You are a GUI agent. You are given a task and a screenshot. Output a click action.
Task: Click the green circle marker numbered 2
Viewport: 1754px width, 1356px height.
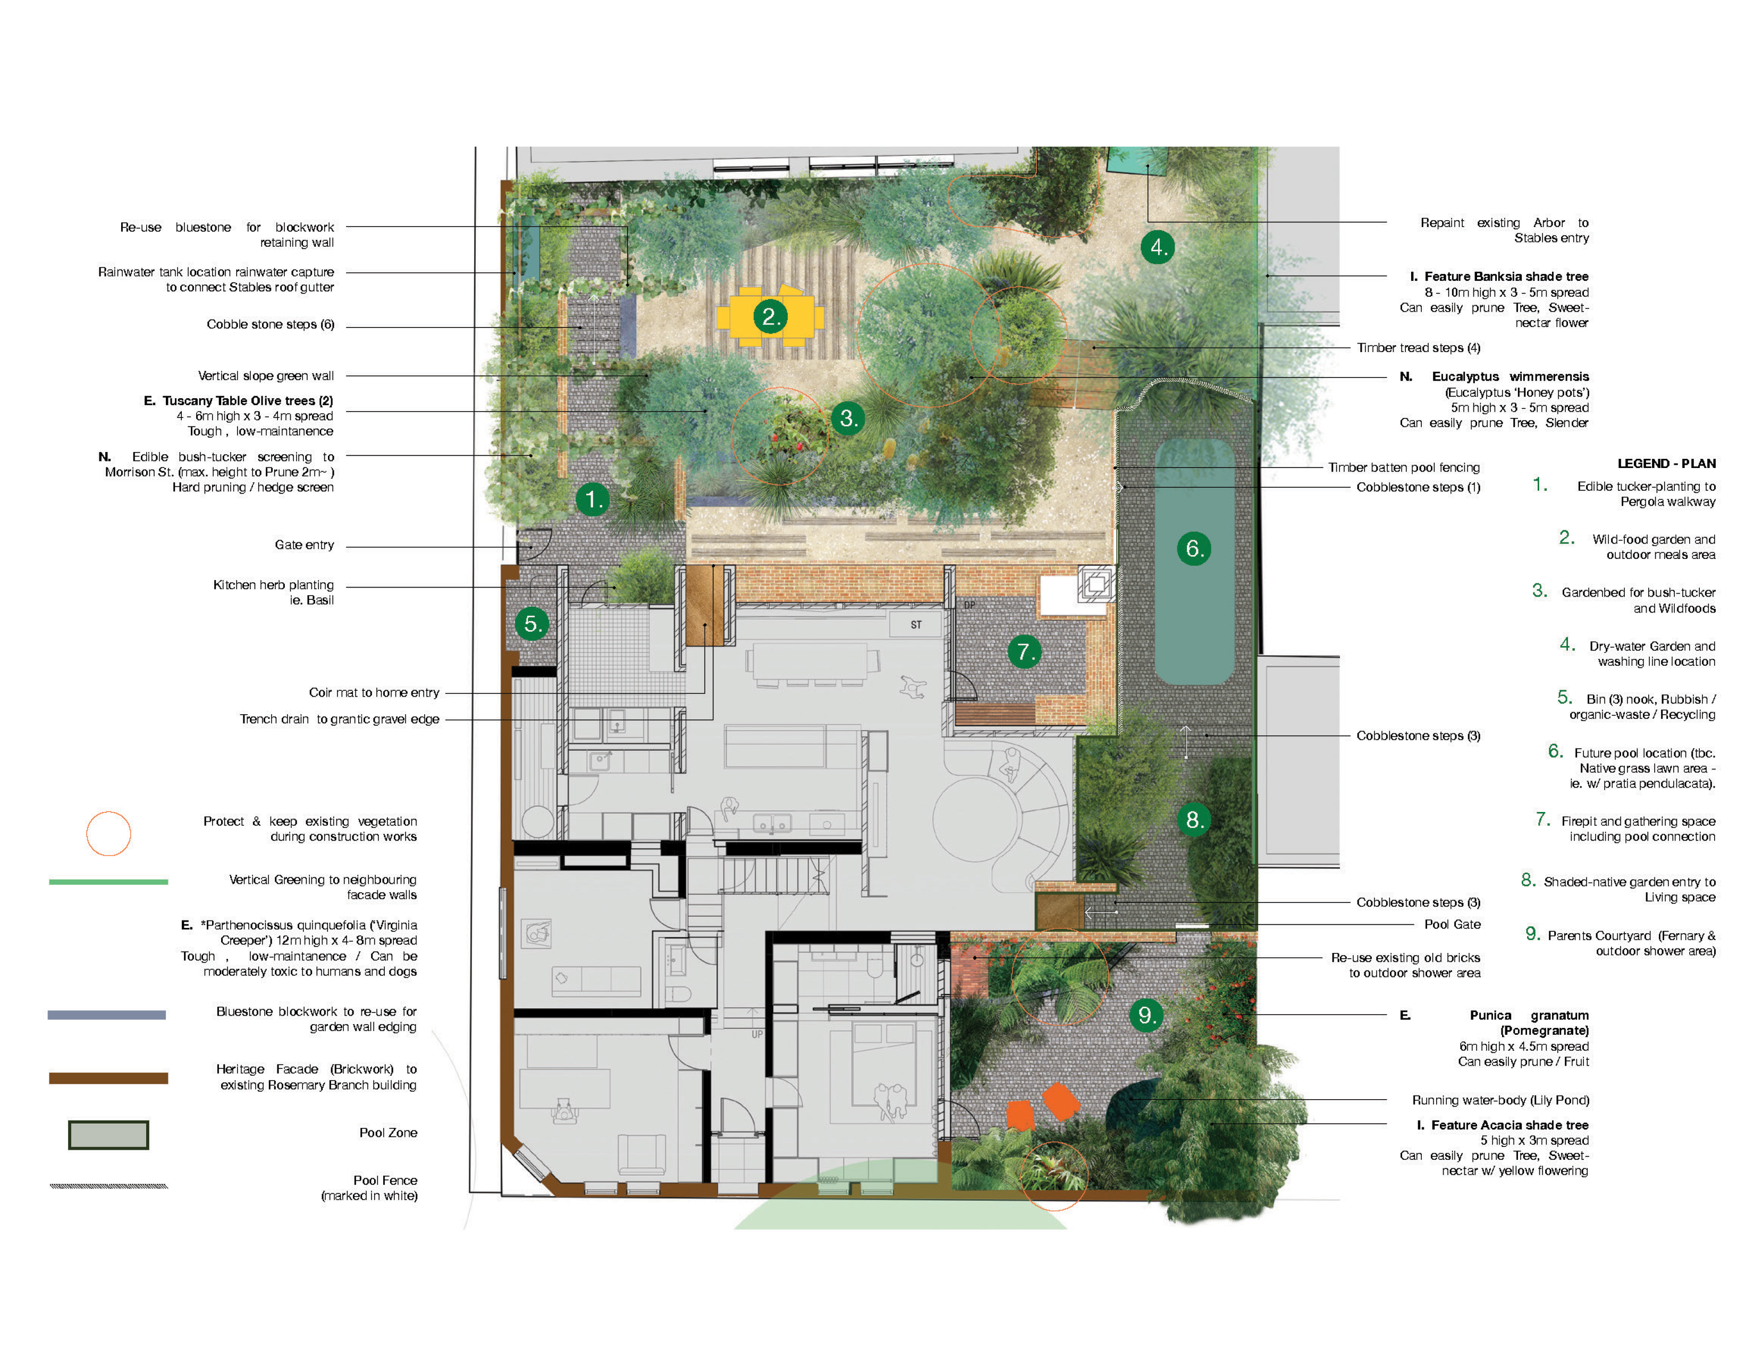coord(770,316)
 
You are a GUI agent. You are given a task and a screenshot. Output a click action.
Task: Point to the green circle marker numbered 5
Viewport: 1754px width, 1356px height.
coord(532,623)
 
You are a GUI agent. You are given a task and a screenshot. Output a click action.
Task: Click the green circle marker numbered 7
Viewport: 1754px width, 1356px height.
coord(1024,651)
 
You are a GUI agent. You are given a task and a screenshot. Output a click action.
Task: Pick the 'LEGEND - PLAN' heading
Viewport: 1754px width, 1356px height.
coord(1666,464)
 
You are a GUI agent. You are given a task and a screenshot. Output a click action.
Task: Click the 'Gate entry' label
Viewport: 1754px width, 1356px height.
coord(305,545)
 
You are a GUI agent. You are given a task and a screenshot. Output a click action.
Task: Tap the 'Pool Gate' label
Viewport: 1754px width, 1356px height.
coord(1452,924)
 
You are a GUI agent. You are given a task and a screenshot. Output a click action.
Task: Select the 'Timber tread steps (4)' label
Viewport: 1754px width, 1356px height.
coord(1418,348)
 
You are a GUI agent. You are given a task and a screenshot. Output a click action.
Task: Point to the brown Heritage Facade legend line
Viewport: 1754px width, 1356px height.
coord(108,1078)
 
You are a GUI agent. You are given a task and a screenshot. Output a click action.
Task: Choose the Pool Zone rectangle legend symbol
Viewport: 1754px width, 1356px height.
coord(108,1135)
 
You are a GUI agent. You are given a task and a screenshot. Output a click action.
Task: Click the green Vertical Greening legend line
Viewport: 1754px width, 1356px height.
coord(108,882)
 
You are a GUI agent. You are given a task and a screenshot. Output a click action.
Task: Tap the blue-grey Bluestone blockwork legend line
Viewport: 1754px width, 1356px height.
coord(107,1015)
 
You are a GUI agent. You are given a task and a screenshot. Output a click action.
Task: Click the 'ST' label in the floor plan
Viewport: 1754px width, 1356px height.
coord(916,624)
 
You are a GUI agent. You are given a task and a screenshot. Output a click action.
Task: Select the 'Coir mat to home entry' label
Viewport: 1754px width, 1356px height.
coord(374,692)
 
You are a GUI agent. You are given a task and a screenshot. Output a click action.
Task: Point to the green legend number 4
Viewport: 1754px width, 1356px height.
coord(1567,644)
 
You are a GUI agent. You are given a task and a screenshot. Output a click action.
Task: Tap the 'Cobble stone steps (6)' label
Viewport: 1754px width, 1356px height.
coord(271,324)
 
